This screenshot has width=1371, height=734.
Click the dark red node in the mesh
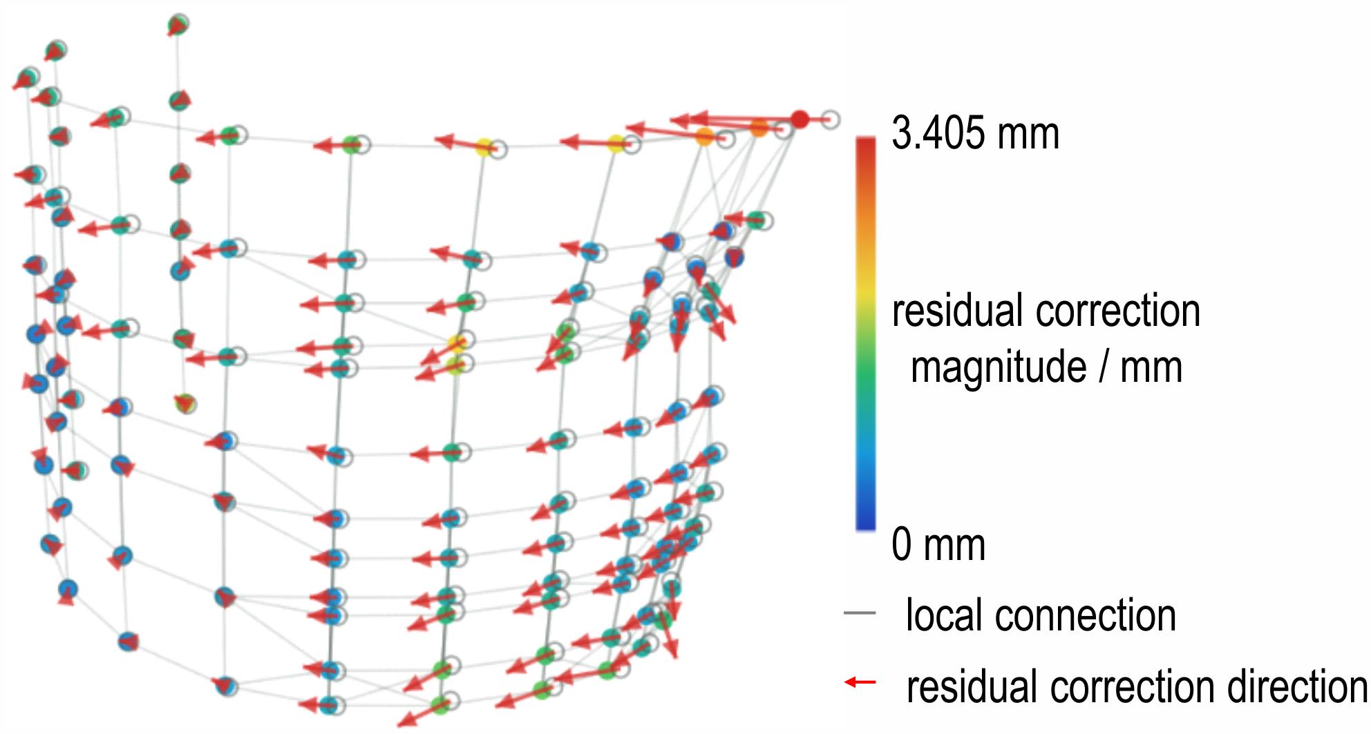click(800, 119)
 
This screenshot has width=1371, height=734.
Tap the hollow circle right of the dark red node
click(831, 119)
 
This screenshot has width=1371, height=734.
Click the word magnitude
click(999, 367)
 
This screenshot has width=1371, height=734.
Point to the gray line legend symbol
click(860, 612)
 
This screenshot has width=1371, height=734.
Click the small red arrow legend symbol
click(860, 682)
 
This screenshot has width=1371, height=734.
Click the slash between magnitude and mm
click(1103, 367)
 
